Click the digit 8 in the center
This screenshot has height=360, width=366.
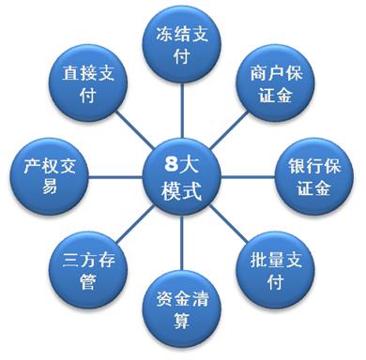[170, 162]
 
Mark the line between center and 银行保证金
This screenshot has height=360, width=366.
[249, 174]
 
